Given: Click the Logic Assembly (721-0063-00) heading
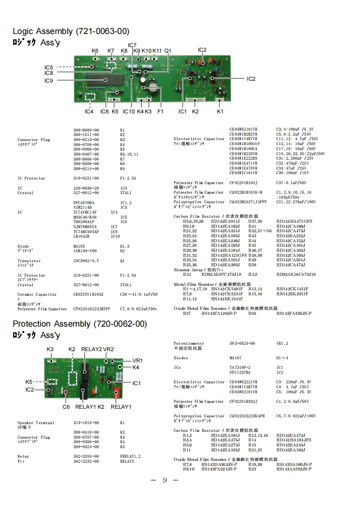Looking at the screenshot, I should pos(71,31).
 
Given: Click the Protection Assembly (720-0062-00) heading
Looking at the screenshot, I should pos(80,324).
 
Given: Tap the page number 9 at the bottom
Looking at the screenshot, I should pos(165,481).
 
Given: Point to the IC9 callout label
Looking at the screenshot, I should pos(49,81).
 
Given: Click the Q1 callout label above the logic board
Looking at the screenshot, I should pos(168,50).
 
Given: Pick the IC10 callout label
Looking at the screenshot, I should pos(129,111).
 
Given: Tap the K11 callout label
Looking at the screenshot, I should pos(157,50).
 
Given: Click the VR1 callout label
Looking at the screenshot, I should pos(138,360).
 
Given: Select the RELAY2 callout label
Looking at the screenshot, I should pos(91,349).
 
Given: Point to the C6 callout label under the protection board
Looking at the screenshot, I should pos(66,406).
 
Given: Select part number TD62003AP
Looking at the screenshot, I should pos(84,222).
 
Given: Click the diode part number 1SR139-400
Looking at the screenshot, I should pos(85,251).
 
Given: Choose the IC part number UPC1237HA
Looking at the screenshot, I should pos(240,372).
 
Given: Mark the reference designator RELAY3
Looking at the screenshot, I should pos(127,461).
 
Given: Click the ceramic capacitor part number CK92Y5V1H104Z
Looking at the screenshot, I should pos(88,294).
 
